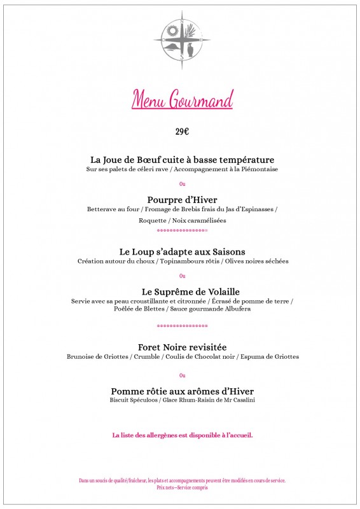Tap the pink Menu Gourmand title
click(x=183, y=99)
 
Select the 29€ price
click(x=183, y=132)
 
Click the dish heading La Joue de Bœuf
click(x=182, y=159)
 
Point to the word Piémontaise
click(x=259, y=170)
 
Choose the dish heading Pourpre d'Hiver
click(x=182, y=199)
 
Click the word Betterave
click(x=101, y=209)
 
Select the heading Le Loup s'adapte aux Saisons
click(x=182, y=251)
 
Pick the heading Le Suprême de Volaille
click(x=182, y=291)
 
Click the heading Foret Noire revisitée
click(x=182, y=347)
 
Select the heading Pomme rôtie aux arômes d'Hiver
click(x=182, y=390)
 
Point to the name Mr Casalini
click(x=233, y=400)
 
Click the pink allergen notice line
click(x=182, y=435)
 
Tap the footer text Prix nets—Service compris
click(x=182, y=487)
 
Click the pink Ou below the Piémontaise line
click(x=183, y=185)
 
